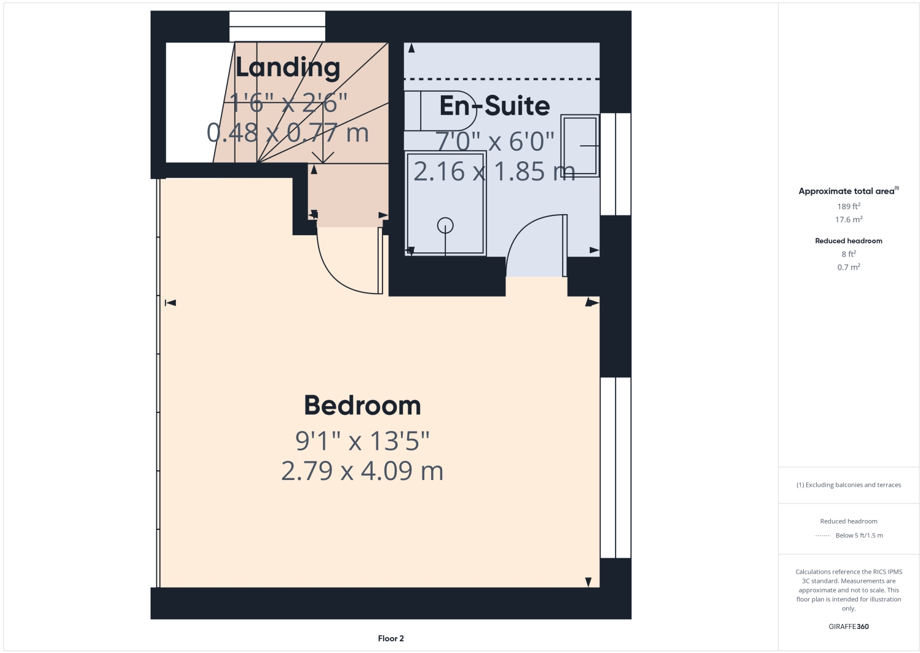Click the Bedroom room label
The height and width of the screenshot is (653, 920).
coord(362,406)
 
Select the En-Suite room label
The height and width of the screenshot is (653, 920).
coord(494,106)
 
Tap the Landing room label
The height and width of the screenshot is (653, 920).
coord(288,68)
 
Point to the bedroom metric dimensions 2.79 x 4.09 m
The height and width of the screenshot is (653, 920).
coord(362,471)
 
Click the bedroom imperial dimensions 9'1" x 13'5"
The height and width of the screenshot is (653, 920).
coord(362,441)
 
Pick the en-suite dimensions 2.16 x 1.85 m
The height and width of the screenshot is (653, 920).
coord(494,172)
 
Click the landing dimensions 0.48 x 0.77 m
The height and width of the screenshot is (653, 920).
coord(288,133)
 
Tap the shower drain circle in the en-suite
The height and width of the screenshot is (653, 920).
coord(445,226)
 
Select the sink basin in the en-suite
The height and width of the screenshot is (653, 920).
coord(580,146)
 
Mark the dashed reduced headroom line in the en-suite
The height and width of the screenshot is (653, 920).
coord(501,79)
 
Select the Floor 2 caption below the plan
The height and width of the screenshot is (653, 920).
coord(391,638)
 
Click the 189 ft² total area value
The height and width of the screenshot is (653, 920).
coord(849,206)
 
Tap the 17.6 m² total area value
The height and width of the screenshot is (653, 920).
coord(849,220)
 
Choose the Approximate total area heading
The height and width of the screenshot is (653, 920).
coord(847,191)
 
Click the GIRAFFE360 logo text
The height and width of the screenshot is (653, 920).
coord(849,627)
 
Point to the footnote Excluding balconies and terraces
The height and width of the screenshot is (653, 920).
coord(849,485)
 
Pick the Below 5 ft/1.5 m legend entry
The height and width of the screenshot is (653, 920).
coord(859,535)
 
